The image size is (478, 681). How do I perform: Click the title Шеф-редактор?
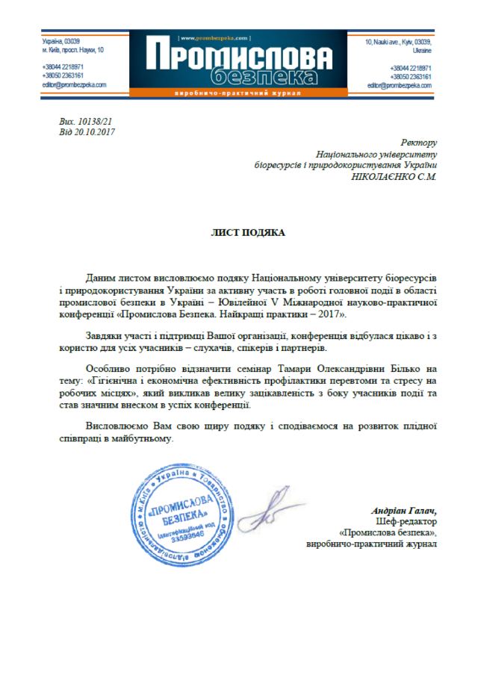409,522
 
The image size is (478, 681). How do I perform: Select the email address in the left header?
74,86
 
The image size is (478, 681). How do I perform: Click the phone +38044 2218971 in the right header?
410,68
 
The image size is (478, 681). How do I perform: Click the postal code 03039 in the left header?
72,40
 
